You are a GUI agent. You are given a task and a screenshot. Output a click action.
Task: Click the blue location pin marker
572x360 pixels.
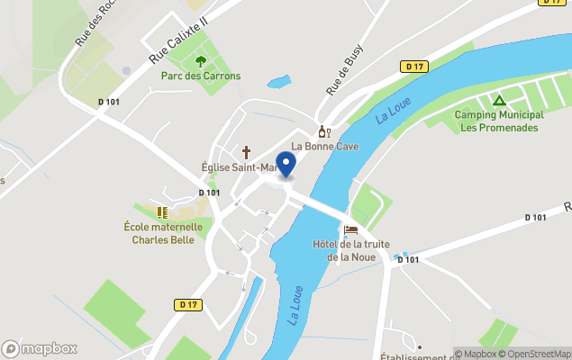tap(285, 165)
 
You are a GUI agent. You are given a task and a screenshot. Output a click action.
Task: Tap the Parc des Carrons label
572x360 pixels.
tap(201, 76)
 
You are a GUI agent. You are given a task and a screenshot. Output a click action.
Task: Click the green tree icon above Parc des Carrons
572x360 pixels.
tap(201, 61)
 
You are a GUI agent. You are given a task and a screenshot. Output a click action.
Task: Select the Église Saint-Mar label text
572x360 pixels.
tap(241, 167)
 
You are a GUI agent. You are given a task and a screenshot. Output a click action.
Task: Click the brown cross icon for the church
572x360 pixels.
tap(245, 152)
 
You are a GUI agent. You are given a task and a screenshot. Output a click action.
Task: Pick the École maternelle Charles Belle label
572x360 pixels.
tap(163, 234)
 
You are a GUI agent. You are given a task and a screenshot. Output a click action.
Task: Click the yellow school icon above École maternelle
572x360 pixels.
tap(163, 212)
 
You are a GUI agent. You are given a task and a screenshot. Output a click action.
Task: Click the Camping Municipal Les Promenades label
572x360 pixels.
tap(498, 121)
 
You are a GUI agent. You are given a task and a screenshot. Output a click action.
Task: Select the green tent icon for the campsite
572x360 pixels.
tap(498, 101)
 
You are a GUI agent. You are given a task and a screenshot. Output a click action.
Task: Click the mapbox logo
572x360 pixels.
tap(40, 348)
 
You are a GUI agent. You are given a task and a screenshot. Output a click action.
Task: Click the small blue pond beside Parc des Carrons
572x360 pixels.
tap(278, 82)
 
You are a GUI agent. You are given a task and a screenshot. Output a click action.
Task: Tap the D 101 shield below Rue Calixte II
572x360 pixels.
tap(108, 102)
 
